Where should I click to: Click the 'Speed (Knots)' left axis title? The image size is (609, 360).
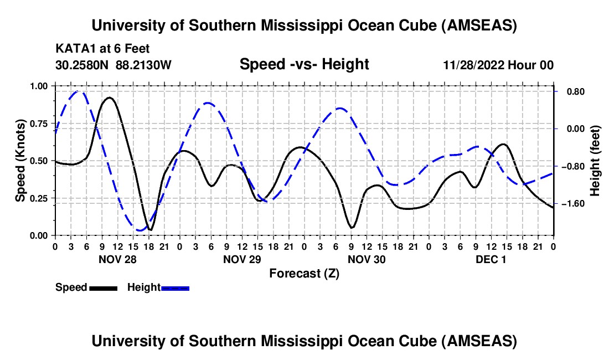[x=20, y=160]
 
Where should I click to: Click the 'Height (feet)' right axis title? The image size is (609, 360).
[x=595, y=161]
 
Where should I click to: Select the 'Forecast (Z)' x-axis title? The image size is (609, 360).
[x=304, y=273]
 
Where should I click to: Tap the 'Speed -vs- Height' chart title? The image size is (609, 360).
[x=304, y=65]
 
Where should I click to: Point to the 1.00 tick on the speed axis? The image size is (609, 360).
[x=39, y=86]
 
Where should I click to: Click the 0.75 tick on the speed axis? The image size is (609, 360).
[x=39, y=124]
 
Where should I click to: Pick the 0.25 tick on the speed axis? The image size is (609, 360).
[x=39, y=198]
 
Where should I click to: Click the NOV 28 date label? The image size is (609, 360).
[x=117, y=259]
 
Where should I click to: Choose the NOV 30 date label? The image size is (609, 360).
[x=366, y=259]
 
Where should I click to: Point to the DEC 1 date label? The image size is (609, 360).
[x=491, y=259]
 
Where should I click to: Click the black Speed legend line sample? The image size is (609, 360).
[x=103, y=287]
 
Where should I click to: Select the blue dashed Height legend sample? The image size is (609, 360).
[x=175, y=287]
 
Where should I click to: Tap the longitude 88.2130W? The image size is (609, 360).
[x=144, y=65]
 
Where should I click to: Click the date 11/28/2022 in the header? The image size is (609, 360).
[x=473, y=65]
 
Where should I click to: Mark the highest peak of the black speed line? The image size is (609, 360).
[x=110, y=97]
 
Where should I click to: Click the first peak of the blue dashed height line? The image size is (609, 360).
[x=78, y=91]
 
